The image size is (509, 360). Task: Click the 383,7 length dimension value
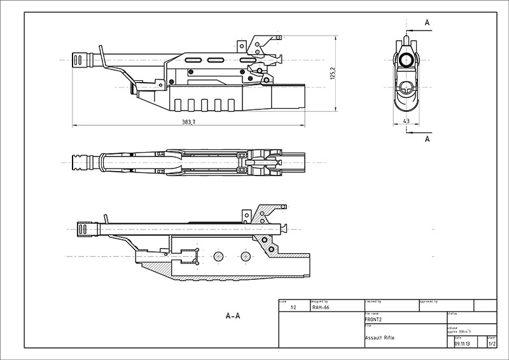click(x=188, y=121)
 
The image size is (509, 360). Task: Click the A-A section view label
click(x=233, y=315)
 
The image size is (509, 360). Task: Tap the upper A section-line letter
click(x=427, y=23)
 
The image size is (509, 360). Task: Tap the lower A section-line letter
click(x=427, y=138)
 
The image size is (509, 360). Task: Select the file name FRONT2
click(x=374, y=319)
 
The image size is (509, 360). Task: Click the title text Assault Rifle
click(x=380, y=337)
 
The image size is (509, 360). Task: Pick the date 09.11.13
click(x=463, y=343)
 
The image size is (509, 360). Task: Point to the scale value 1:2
click(x=293, y=307)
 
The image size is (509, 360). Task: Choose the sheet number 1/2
click(x=491, y=343)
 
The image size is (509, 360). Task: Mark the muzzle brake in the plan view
click(x=82, y=162)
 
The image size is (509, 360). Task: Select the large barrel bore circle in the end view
click(x=407, y=60)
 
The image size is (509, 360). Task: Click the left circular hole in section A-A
click(x=218, y=256)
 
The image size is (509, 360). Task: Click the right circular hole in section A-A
click(x=246, y=256)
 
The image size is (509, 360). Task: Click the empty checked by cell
click(x=391, y=307)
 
